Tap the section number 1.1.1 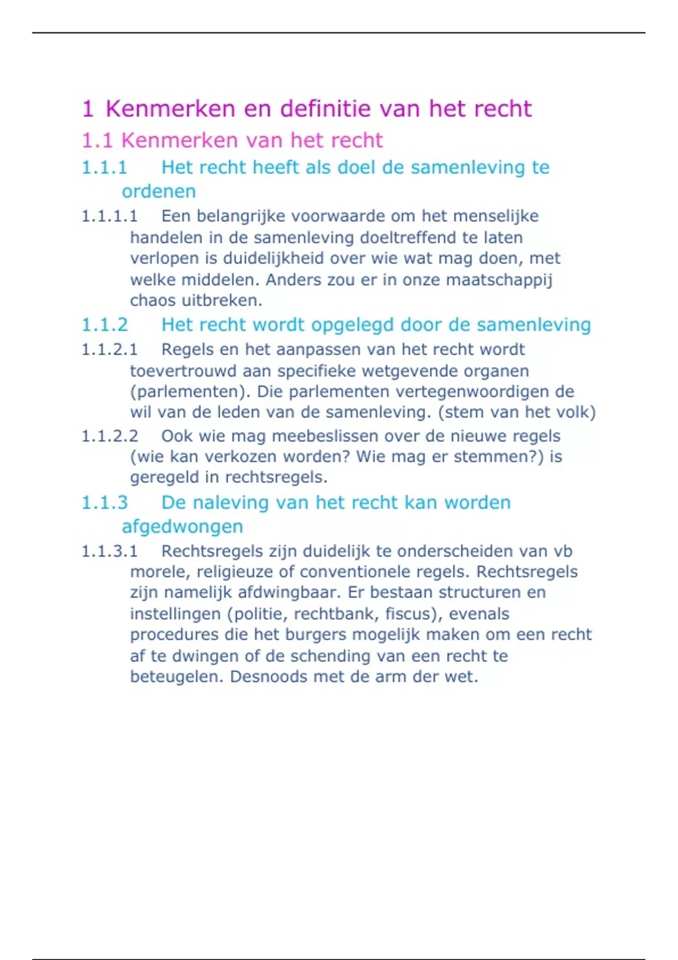pos(105,167)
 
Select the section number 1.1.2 pos(105,325)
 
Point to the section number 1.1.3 pos(105,502)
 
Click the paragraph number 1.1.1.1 pos(110,216)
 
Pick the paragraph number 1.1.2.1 pos(110,350)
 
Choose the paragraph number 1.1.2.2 pos(110,436)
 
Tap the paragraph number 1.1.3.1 pos(110,551)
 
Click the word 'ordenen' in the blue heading pos(159,191)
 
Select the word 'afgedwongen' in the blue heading pos(182,526)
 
